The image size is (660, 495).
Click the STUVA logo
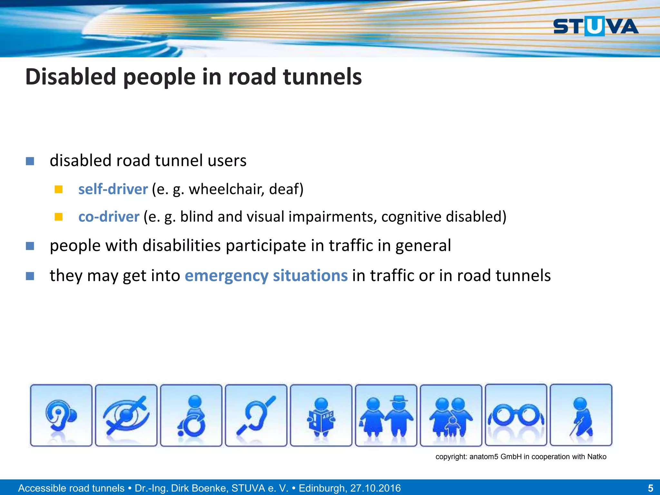(596, 26)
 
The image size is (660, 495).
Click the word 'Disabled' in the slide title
(71, 77)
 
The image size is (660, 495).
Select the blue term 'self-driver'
(113, 189)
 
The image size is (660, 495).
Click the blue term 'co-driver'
(109, 217)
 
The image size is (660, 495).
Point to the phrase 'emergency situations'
(266, 276)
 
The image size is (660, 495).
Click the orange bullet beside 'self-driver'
(58, 189)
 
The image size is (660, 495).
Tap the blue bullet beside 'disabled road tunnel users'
(30, 161)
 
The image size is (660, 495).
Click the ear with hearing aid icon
(61, 415)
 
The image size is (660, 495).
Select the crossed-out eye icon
(126, 415)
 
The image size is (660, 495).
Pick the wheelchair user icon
(191, 415)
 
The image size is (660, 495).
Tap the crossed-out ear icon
(256, 415)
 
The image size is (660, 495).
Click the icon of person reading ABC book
(321, 415)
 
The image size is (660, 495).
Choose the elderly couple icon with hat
(386, 415)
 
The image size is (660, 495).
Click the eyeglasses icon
(516, 415)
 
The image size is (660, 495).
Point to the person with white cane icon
(581, 415)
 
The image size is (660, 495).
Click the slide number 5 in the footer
(650, 488)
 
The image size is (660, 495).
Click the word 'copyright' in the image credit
(451, 457)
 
